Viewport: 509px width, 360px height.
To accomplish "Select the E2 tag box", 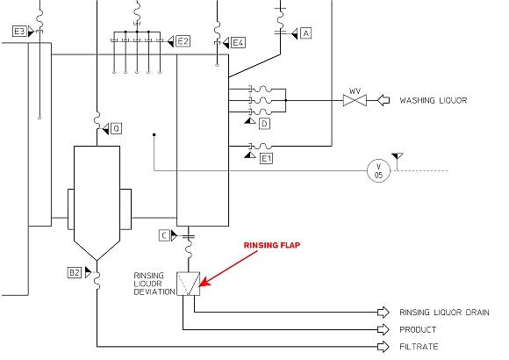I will coord(183,40).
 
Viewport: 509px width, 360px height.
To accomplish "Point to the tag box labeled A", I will coord(305,32).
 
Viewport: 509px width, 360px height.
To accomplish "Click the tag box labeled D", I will coord(263,124).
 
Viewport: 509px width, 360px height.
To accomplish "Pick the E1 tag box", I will coord(266,157).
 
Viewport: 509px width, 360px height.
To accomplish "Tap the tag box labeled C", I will coord(164,234).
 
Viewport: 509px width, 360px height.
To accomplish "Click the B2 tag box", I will coord(75,273).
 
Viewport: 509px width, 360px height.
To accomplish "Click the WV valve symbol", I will coord(355,101).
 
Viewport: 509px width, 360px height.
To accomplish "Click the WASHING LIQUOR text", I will coord(433,101).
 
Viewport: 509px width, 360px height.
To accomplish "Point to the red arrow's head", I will coord(203,284).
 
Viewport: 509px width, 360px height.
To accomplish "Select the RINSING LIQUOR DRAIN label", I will coord(443,312).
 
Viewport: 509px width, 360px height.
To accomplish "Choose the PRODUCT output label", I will coord(419,329).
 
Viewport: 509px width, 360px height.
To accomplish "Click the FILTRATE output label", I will coord(418,347).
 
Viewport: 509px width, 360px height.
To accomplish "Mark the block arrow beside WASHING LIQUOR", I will coord(384,101).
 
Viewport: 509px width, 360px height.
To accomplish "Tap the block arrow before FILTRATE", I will coord(383,347).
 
